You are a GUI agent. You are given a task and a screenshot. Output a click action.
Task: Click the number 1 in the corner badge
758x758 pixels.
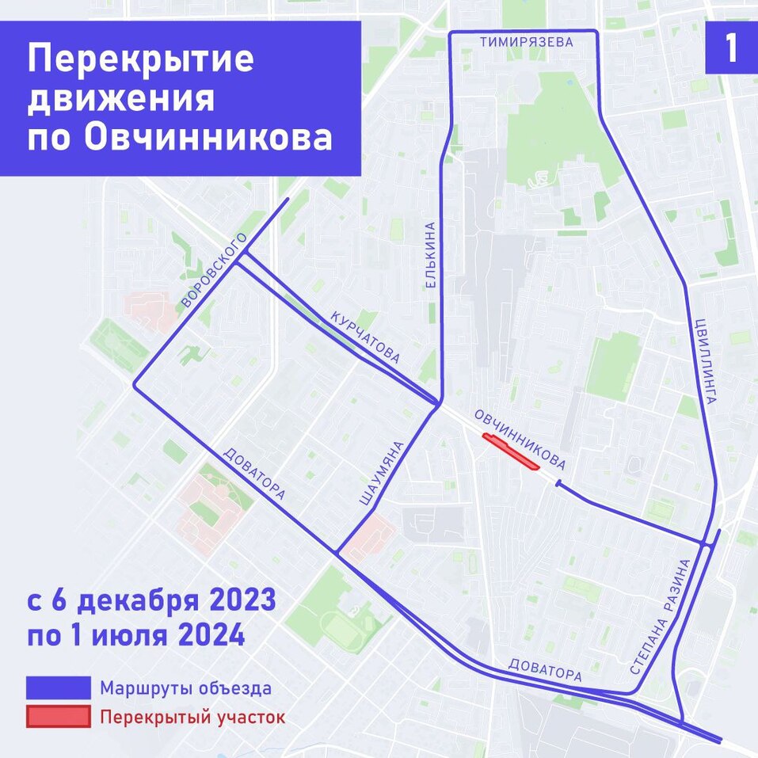(730, 48)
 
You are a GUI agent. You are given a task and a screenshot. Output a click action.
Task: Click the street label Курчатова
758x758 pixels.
(365, 337)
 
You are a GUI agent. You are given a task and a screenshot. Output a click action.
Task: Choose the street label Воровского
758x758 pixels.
(214, 270)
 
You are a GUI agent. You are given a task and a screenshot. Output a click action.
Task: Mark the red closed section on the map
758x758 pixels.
(510, 452)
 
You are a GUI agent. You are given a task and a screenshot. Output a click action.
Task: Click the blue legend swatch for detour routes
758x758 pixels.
(58, 688)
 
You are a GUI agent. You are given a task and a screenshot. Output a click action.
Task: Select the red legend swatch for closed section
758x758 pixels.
(58, 717)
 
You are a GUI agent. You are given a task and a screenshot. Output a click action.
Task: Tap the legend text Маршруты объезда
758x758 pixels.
(186, 688)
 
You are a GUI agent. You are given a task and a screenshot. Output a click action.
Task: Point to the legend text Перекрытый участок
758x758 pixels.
(192, 718)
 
